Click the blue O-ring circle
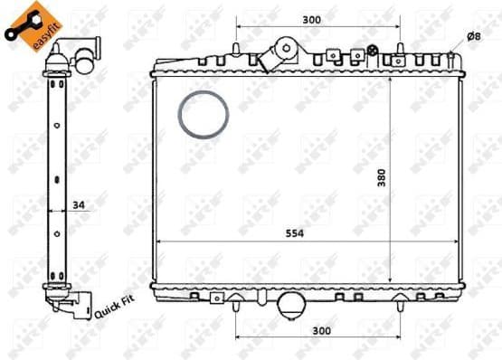[204, 116]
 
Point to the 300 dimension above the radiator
[312, 19]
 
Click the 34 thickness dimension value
[79, 206]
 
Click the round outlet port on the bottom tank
[292, 305]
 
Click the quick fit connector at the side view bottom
[73, 303]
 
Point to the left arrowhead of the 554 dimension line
[160, 242]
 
